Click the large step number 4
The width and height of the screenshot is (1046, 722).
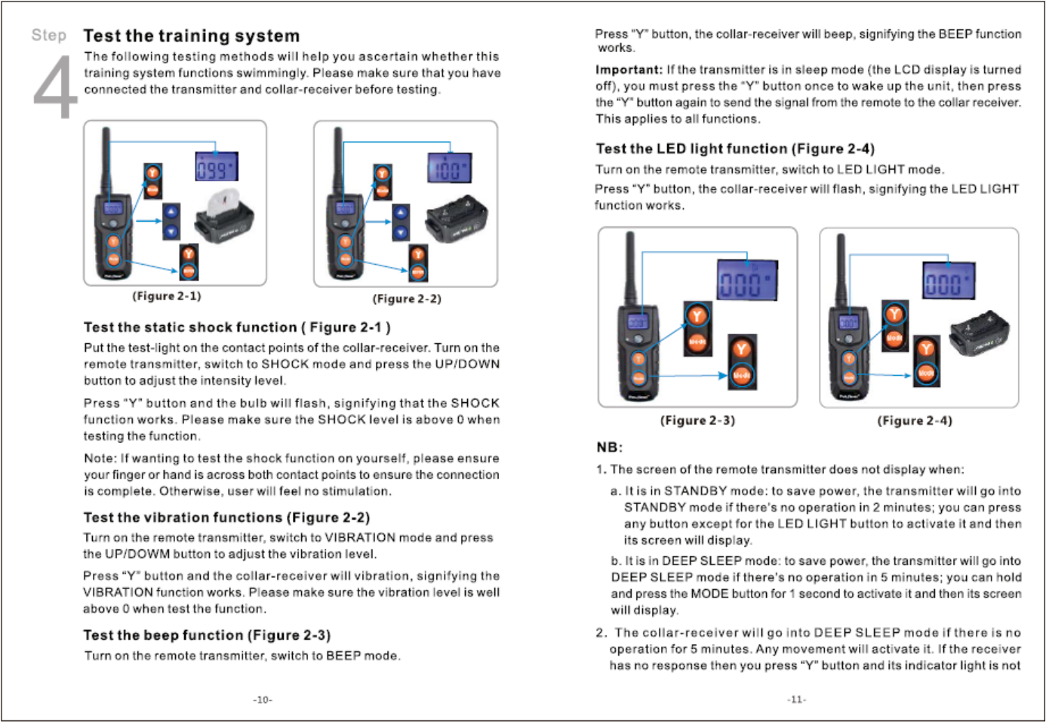(55, 88)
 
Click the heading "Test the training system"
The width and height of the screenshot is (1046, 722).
(191, 35)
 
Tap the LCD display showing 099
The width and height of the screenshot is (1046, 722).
(217, 167)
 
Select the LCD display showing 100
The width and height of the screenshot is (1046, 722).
(450, 167)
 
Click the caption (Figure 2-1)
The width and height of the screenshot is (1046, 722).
(167, 296)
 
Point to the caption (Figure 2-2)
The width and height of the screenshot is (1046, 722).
(407, 299)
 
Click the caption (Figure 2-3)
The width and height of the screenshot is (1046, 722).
(697, 420)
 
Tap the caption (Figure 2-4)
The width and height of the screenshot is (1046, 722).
(915, 420)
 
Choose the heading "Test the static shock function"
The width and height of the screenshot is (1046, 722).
(237, 327)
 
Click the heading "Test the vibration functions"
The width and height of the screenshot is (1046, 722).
(226, 518)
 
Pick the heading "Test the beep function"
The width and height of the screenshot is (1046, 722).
(207, 635)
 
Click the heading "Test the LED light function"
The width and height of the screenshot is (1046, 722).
(735, 149)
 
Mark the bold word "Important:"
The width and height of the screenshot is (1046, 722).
(629, 69)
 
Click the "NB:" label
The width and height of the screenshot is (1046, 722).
(609, 447)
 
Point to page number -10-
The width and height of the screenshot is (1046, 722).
(263, 700)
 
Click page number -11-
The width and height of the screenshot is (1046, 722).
(796, 699)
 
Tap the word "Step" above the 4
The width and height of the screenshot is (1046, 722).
(49, 35)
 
